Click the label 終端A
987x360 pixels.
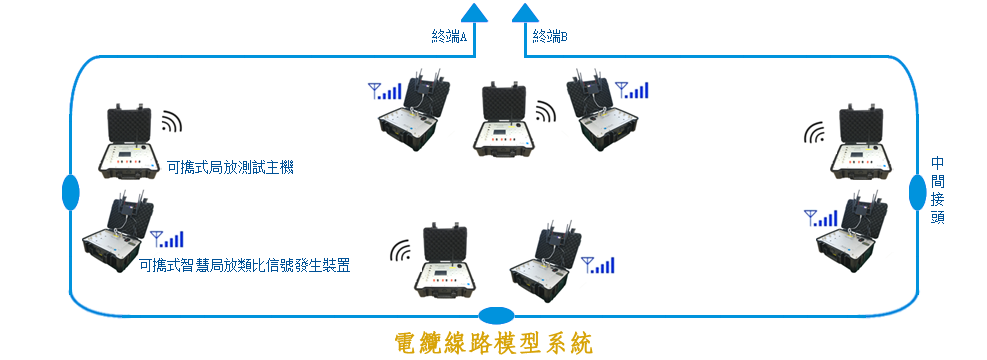pos(449,37)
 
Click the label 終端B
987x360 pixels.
pos(550,37)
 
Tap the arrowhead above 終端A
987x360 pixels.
pos(476,12)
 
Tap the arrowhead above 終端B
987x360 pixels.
pos(525,12)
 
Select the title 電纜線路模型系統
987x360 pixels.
pos(494,343)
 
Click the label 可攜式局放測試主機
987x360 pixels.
pos(230,168)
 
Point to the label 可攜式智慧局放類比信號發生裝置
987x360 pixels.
pos(244,266)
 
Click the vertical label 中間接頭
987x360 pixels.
pos(937,190)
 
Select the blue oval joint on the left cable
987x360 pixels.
pos(70,192)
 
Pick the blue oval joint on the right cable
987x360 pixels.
pos(917,192)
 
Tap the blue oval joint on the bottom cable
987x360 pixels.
pos(496,314)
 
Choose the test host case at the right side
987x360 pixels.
pos(861,143)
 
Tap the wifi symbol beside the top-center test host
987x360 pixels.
pos(546,113)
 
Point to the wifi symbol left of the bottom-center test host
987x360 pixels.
pos(401,251)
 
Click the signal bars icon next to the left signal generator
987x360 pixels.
pos(167,239)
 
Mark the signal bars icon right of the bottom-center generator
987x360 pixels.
pos(597,265)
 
